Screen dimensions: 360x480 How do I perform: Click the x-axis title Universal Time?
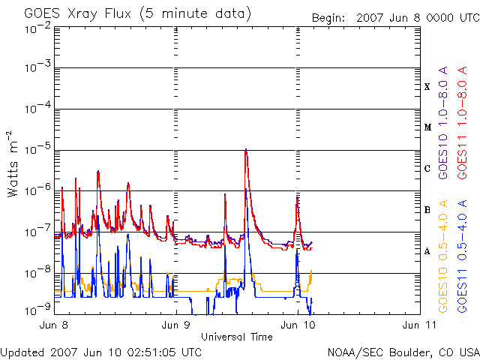pyautogui.click(x=236, y=337)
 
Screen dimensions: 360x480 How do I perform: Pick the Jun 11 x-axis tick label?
pyautogui.click(x=416, y=325)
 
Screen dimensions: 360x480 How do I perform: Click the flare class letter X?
pyautogui.click(x=427, y=87)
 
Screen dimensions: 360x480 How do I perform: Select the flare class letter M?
pyautogui.click(x=427, y=127)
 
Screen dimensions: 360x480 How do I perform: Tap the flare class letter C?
pyautogui.click(x=427, y=169)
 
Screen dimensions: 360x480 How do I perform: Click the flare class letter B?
pyautogui.click(x=427, y=210)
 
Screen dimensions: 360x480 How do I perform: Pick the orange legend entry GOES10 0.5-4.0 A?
pyautogui.click(x=443, y=256)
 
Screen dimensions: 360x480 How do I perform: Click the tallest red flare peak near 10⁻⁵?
pyautogui.click(x=246, y=150)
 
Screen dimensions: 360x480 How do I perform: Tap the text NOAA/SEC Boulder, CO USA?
pyautogui.click(x=403, y=352)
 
